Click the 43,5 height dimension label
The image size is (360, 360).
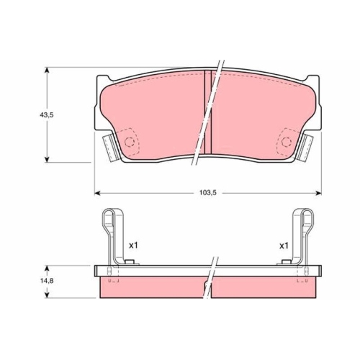point(47,115)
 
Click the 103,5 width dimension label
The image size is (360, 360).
point(208,192)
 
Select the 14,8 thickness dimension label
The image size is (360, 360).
point(47,280)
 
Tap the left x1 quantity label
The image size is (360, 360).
point(133,246)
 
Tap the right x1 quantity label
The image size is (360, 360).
point(284,246)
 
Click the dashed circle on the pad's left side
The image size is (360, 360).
point(129,142)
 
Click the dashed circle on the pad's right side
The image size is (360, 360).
point(286,142)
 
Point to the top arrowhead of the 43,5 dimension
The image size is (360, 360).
point(47,70)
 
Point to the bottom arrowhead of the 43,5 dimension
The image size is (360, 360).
point(47,159)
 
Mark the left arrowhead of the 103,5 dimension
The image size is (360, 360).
point(97,193)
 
